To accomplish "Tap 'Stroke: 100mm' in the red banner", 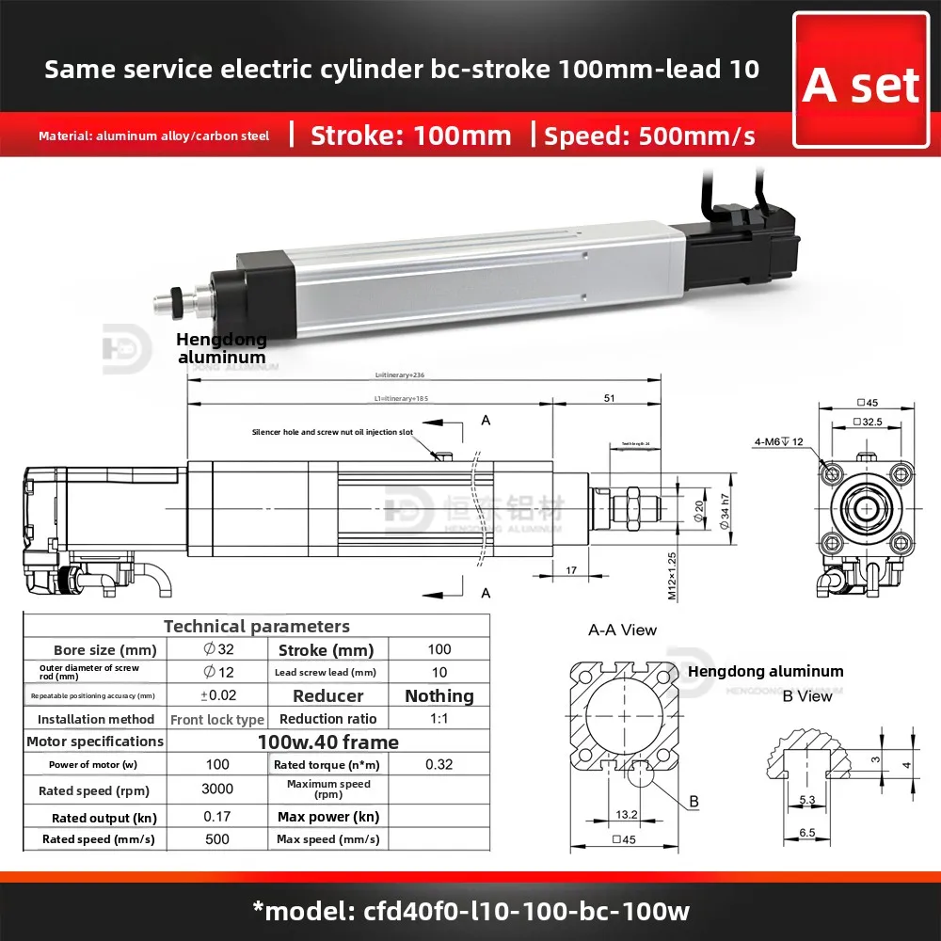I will (x=410, y=136).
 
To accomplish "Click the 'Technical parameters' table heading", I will (x=256, y=626).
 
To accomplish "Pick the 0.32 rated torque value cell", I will (x=439, y=764).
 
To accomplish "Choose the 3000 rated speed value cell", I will (x=217, y=789).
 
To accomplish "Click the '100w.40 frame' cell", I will (x=327, y=742).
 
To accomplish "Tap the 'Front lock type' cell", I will (x=217, y=719).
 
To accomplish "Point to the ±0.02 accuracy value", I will (x=217, y=695).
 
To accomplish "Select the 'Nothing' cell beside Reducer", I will (x=439, y=695).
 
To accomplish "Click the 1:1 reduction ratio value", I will (x=439, y=719).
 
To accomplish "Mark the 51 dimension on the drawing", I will (x=609, y=398).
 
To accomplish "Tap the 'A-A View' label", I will (x=622, y=630).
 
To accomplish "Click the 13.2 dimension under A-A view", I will (x=626, y=813).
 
